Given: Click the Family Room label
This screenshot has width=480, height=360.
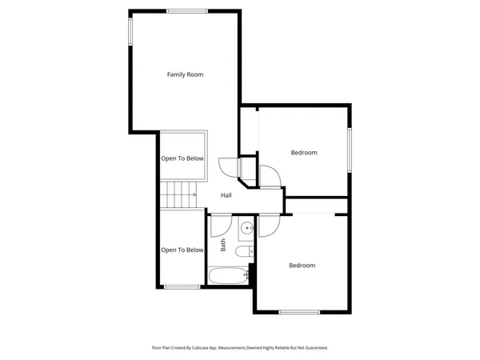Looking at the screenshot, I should (185, 74).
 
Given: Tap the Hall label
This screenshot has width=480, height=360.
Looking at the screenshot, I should (226, 195).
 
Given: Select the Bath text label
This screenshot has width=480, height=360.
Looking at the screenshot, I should (223, 246).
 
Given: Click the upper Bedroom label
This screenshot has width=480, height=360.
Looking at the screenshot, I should (303, 153).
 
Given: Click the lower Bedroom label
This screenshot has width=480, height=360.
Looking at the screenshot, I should (302, 265).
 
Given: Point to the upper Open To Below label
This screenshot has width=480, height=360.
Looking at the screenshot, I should (182, 158).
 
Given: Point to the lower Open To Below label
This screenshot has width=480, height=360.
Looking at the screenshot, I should (182, 250).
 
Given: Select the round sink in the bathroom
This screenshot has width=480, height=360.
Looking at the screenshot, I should (247, 229).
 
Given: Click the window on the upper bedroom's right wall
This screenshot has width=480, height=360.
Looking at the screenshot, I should (349, 149).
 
